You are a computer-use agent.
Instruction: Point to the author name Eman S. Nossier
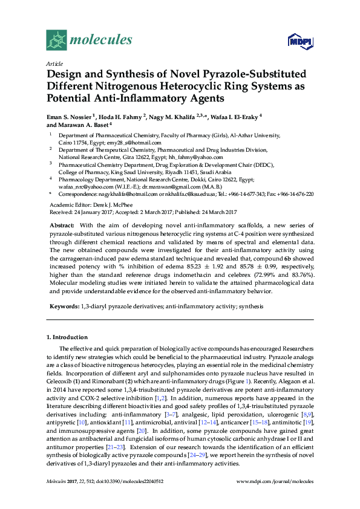point(71,115)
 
